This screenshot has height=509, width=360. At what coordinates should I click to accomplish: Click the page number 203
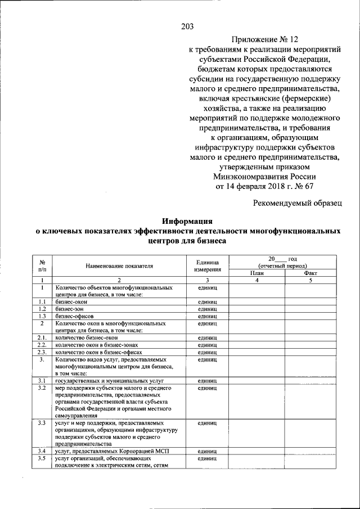tap(187, 25)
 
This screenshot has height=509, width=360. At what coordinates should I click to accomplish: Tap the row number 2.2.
tap(42, 345)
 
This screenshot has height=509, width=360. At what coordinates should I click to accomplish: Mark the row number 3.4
tap(42, 451)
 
